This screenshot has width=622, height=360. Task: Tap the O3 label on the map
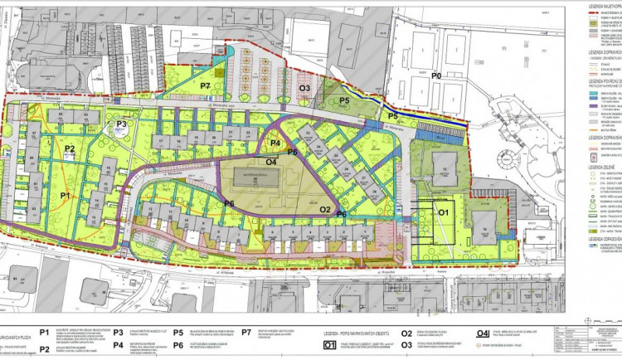coord(304,87)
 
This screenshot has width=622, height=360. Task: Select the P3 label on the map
coord(121,124)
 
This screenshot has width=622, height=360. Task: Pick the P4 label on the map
coord(275,144)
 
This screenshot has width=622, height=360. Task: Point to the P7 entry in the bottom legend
coord(246,309)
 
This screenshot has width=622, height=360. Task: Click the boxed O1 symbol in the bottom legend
coord(329,322)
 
